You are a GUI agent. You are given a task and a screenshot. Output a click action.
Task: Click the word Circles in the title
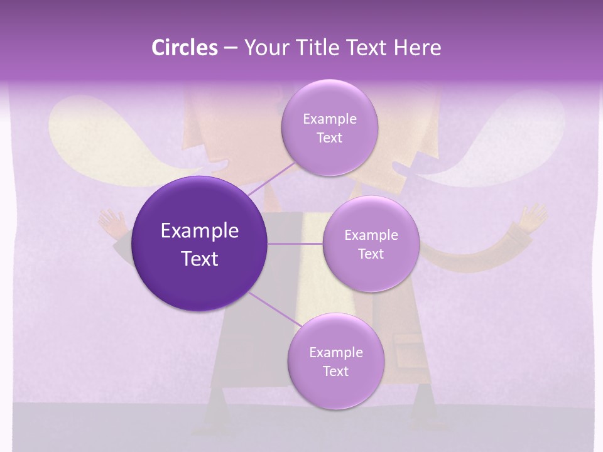pyautogui.click(x=184, y=48)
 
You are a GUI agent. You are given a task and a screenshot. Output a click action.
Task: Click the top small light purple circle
pyautogui.click(x=329, y=128)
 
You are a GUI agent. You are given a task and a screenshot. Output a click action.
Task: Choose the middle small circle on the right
pyautogui.click(x=371, y=244)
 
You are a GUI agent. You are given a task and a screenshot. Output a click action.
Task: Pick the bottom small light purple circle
pyautogui.click(x=335, y=362)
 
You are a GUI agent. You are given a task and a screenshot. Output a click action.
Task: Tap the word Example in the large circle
pyautogui.click(x=200, y=231)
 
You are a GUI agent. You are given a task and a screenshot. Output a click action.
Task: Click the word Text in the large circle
pyautogui.click(x=200, y=259)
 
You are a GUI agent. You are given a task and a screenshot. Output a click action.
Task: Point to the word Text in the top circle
pyautogui.click(x=329, y=138)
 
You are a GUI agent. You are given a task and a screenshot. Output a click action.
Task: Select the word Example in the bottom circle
pyautogui.click(x=335, y=352)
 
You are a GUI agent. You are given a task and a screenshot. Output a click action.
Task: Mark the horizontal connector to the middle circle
pyautogui.click(x=295, y=244)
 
